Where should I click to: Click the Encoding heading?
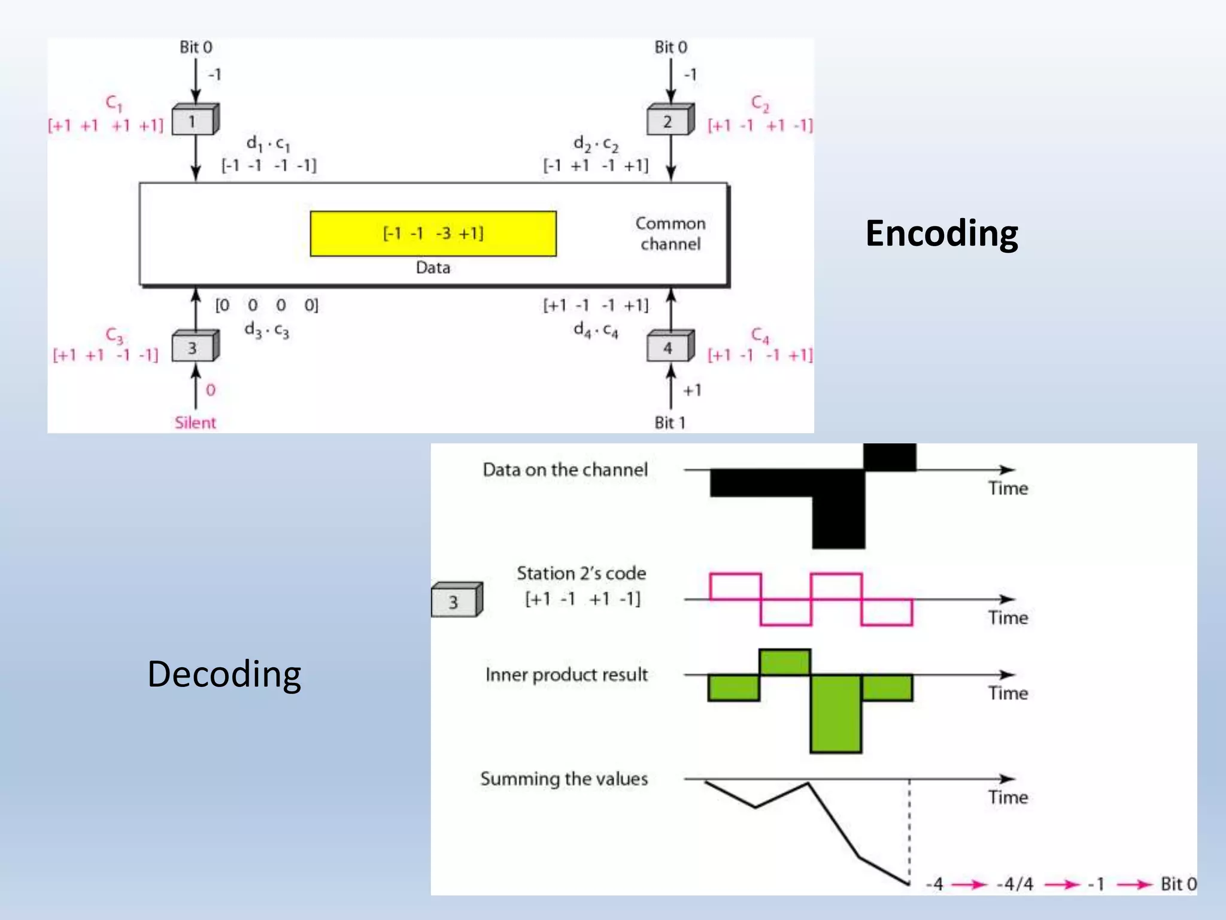pyautogui.click(x=941, y=234)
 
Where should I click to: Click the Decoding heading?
pyautogui.click(x=224, y=674)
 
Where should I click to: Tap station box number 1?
pyautogui.click(x=194, y=121)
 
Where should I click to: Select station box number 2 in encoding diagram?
pyautogui.click(x=669, y=122)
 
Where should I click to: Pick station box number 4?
pyautogui.click(x=669, y=348)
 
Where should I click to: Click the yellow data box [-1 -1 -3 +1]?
pyautogui.click(x=433, y=234)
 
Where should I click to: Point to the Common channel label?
pyautogui.click(x=670, y=234)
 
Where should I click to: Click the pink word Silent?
pyautogui.click(x=195, y=423)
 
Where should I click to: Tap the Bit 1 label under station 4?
pyautogui.click(x=669, y=423)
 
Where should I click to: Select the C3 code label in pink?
pyautogui.click(x=114, y=335)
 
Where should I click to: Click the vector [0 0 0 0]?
pyautogui.click(x=266, y=305)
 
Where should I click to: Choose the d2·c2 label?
pyautogui.click(x=596, y=144)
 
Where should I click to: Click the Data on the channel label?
pyautogui.click(x=565, y=470)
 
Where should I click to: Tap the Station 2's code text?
pyautogui.click(x=581, y=574)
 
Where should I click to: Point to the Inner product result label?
pyautogui.click(x=566, y=675)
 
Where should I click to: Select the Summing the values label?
pyautogui.click(x=564, y=779)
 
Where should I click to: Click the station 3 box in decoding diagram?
pyautogui.click(x=455, y=601)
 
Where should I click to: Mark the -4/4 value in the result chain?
pyautogui.click(x=1015, y=884)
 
